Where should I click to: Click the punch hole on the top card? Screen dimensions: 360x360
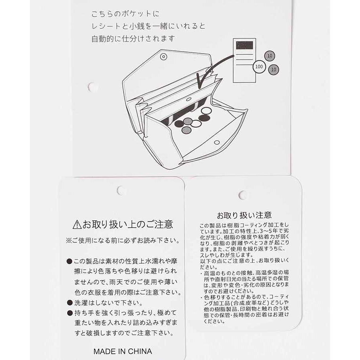92,87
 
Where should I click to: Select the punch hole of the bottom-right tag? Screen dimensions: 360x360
242,195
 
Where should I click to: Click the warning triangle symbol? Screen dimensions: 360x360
77,224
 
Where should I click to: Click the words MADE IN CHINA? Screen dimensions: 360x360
123,352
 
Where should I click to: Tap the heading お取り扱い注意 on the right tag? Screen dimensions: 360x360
244,215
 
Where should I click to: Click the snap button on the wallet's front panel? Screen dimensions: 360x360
216,142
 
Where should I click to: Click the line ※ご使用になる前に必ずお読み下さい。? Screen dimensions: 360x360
123,241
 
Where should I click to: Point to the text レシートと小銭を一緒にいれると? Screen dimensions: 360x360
148,27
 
